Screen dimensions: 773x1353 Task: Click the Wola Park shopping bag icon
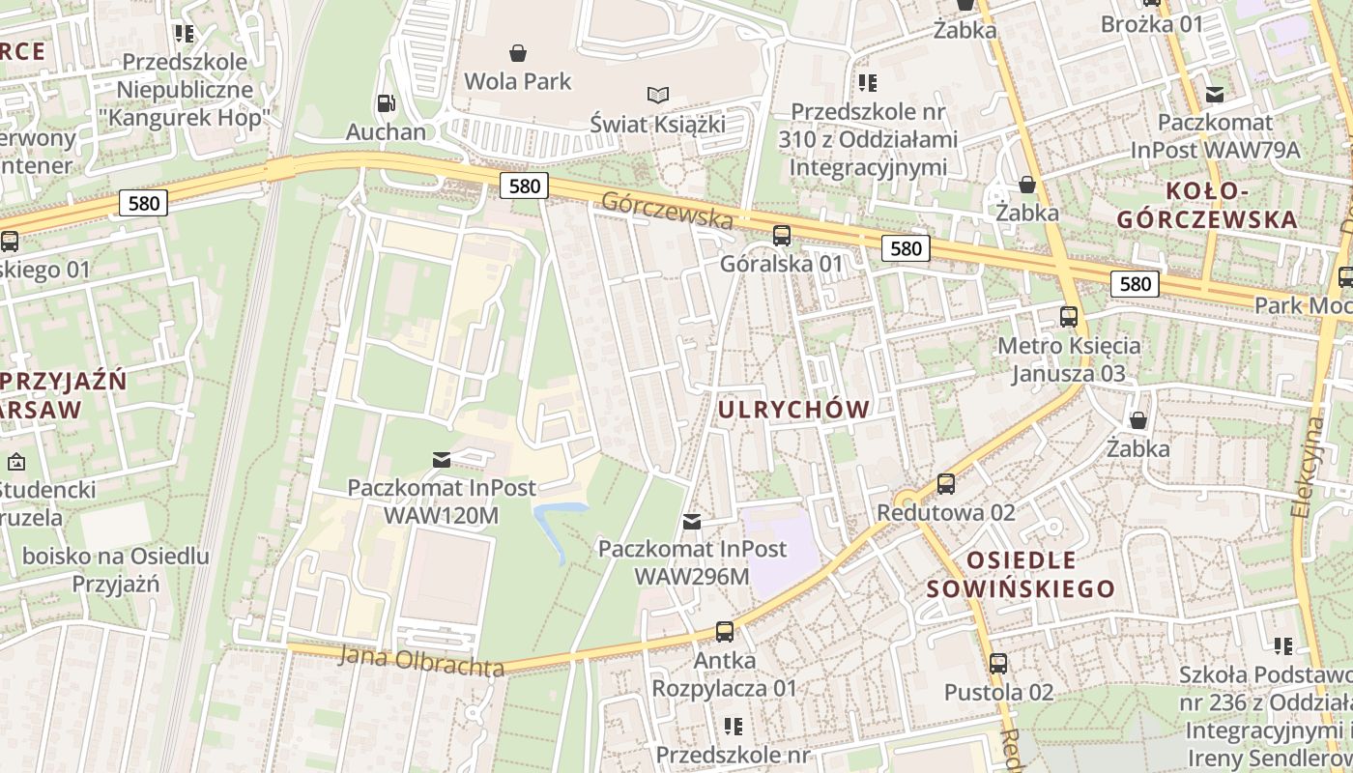point(518,52)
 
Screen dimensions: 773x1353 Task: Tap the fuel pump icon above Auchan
point(385,103)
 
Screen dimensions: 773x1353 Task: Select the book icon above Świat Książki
point(658,95)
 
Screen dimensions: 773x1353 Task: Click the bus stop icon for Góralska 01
point(781,235)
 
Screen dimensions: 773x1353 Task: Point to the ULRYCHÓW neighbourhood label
point(794,410)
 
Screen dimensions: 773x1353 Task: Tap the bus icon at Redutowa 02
point(945,484)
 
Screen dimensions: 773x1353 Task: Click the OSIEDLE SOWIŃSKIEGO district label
point(1021,574)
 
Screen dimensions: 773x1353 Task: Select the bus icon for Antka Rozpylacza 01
point(724,633)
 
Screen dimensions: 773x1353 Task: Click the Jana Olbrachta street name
point(421,661)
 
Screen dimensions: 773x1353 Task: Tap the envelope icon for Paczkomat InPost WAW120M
point(442,460)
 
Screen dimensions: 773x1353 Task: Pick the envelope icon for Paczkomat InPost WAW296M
point(692,523)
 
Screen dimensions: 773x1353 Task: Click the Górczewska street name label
point(667,209)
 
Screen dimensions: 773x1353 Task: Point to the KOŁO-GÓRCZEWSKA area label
point(1206,205)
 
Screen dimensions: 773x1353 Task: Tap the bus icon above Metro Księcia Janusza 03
point(1068,317)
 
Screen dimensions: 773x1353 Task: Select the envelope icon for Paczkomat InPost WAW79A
point(1215,95)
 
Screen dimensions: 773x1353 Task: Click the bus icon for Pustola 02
point(998,664)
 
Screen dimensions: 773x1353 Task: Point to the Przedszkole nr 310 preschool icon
point(867,83)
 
